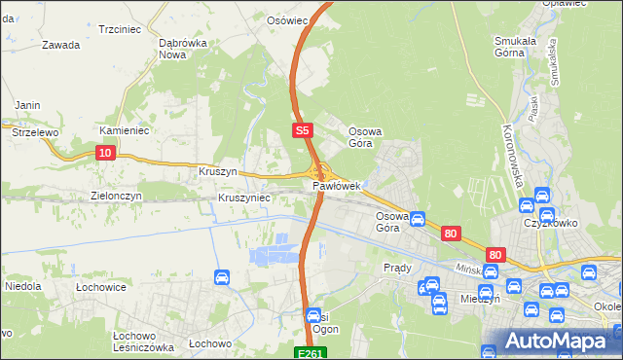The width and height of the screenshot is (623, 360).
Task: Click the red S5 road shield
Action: coord(302,128)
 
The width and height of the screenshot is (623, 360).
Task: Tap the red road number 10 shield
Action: coord(106,152)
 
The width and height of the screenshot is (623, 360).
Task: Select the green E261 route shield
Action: coord(310,353)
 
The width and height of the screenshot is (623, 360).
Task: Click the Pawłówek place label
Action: coord(337,185)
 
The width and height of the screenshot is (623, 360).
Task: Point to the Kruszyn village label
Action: coord(218,171)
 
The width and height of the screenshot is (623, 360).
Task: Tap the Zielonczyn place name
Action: coord(117,195)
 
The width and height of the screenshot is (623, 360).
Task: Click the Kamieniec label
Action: coord(122,129)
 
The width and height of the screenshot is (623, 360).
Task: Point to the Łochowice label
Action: coord(103,288)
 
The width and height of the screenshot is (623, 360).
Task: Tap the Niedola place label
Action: coord(22,287)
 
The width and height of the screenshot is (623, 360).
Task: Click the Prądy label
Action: coord(397,268)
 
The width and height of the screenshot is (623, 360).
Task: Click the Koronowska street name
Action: coord(513,156)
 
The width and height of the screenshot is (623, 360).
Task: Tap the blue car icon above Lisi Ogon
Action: coord(313,316)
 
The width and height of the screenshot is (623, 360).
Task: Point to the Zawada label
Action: coord(60,45)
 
